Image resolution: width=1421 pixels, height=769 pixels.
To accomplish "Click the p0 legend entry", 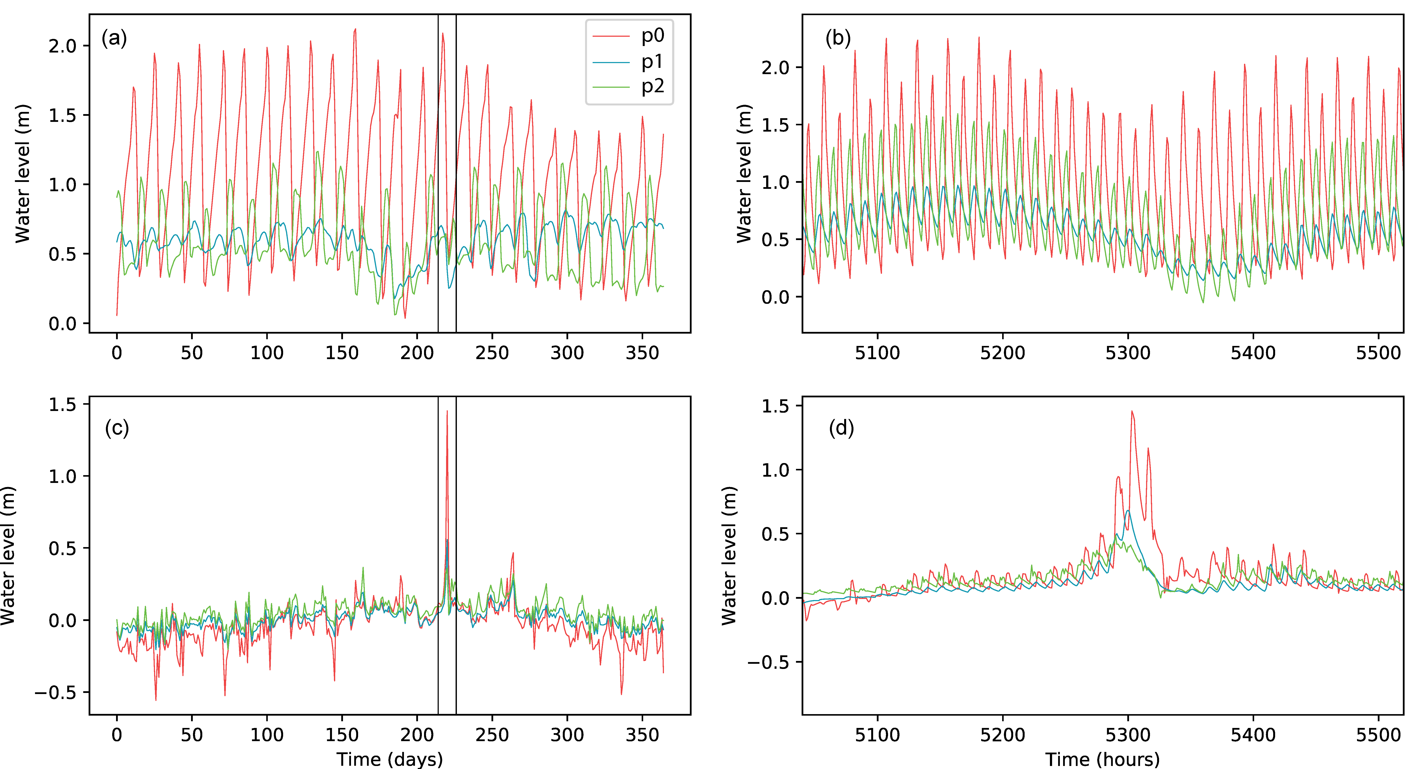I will coord(652,36).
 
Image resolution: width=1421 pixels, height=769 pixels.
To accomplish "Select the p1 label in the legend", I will coord(652,62).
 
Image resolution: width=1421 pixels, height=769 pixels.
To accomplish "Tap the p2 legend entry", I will coord(652,87).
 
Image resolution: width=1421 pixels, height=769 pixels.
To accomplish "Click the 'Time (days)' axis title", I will coord(389,759).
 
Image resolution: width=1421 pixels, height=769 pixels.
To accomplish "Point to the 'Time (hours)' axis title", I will coord(1102,759).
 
